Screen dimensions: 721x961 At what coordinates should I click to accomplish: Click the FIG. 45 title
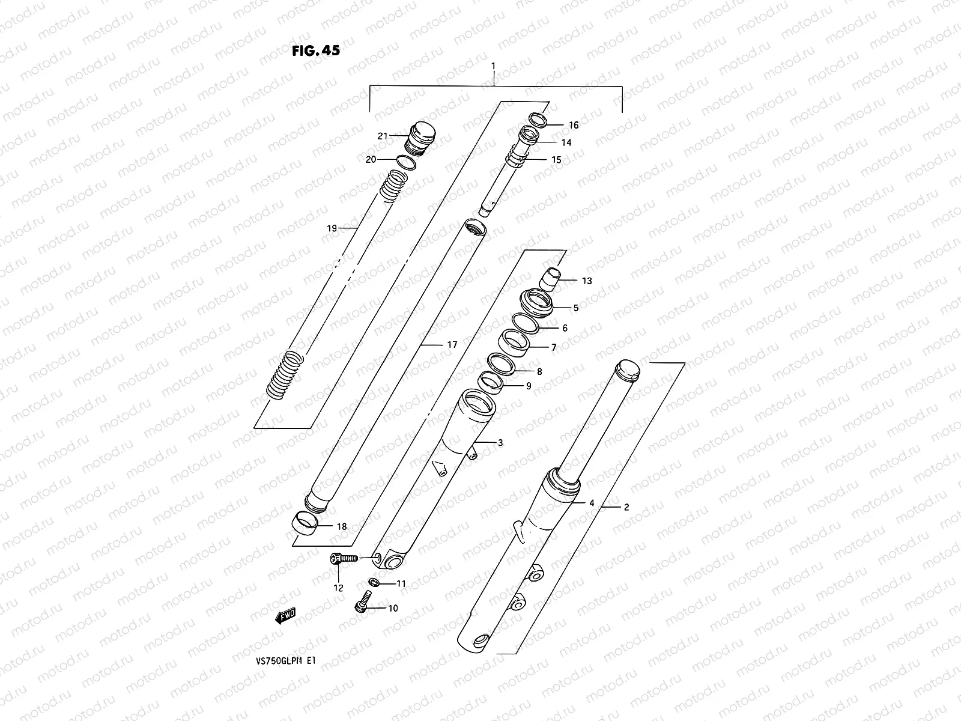click(x=316, y=51)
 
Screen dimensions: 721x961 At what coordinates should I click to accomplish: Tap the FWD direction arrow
click(x=286, y=615)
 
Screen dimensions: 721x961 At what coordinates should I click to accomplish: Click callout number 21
click(x=383, y=136)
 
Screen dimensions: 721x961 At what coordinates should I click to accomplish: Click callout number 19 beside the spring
click(x=332, y=228)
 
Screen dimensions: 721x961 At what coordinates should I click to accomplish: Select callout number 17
click(x=452, y=345)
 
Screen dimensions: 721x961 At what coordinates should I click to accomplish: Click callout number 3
click(x=500, y=443)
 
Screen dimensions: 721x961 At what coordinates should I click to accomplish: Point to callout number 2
click(x=626, y=507)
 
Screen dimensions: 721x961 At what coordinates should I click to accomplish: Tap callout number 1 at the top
click(x=493, y=64)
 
